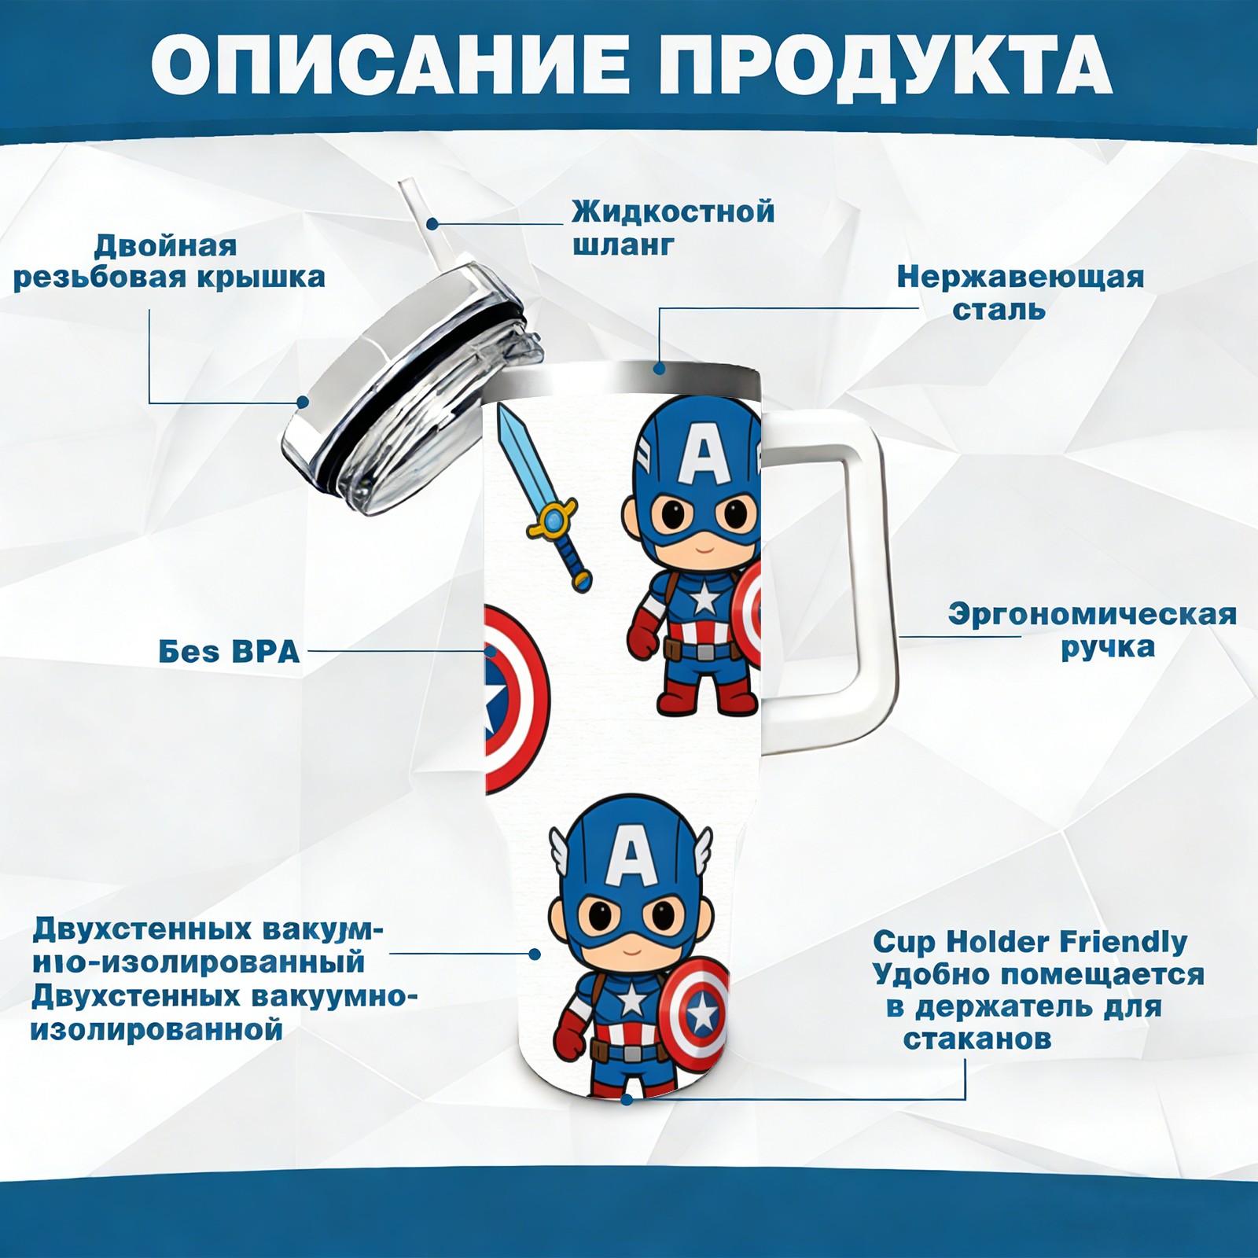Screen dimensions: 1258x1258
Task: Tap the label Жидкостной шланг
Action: tap(673, 227)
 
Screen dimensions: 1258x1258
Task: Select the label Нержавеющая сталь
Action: tap(1021, 292)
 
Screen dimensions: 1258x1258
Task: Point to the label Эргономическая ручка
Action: tap(1092, 630)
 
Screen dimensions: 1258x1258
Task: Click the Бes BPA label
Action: tap(229, 651)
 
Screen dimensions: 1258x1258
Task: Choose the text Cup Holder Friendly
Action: tap(1030, 941)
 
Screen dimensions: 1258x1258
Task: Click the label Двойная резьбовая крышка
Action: tap(169, 261)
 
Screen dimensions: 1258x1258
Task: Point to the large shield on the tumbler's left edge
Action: tap(517, 700)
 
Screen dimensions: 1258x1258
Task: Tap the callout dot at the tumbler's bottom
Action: tap(627, 1099)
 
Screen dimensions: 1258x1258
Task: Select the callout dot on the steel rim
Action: tap(659, 368)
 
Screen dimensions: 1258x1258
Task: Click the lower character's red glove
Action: tap(570, 1035)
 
